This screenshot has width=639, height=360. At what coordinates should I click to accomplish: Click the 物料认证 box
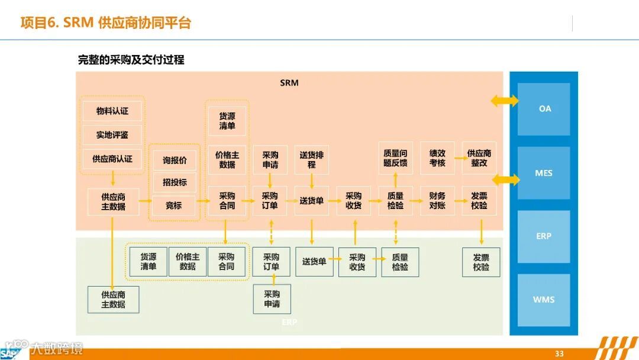[x=112, y=111]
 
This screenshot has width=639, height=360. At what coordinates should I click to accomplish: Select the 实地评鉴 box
[x=112, y=135]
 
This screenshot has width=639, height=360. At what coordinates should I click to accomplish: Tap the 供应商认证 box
[x=112, y=159]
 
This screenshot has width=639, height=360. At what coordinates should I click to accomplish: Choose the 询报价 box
[x=175, y=160]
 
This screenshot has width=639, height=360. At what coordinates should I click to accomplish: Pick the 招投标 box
[x=175, y=182]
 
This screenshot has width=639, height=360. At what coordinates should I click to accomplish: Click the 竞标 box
[x=174, y=205]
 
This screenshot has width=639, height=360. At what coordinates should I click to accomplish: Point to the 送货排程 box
[x=311, y=160]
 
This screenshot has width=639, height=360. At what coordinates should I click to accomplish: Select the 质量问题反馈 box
[x=395, y=158]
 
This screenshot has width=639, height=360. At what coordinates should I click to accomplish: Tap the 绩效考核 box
[x=437, y=158]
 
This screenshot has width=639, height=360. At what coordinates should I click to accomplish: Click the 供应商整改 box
[x=479, y=158]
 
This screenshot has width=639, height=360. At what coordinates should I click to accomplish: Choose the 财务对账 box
[x=437, y=201]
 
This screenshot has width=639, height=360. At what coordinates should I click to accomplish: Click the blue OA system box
[x=544, y=109]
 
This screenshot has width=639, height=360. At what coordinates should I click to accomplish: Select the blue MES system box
[x=544, y=173]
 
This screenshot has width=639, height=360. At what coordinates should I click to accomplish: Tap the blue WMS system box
[x=544, y=300]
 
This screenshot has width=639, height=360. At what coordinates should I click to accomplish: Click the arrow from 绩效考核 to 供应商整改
[x=458, y=158]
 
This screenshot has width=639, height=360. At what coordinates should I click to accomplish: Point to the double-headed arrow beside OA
[x=505, y=101]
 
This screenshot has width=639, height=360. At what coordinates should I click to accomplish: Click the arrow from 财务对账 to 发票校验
[x=458, y=201]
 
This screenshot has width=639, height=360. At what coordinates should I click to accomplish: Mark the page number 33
[x=559, y=353]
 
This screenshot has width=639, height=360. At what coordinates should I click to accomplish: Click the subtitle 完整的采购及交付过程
[x=131, y=60]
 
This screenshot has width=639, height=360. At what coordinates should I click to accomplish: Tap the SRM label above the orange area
[x=289, y=83]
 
